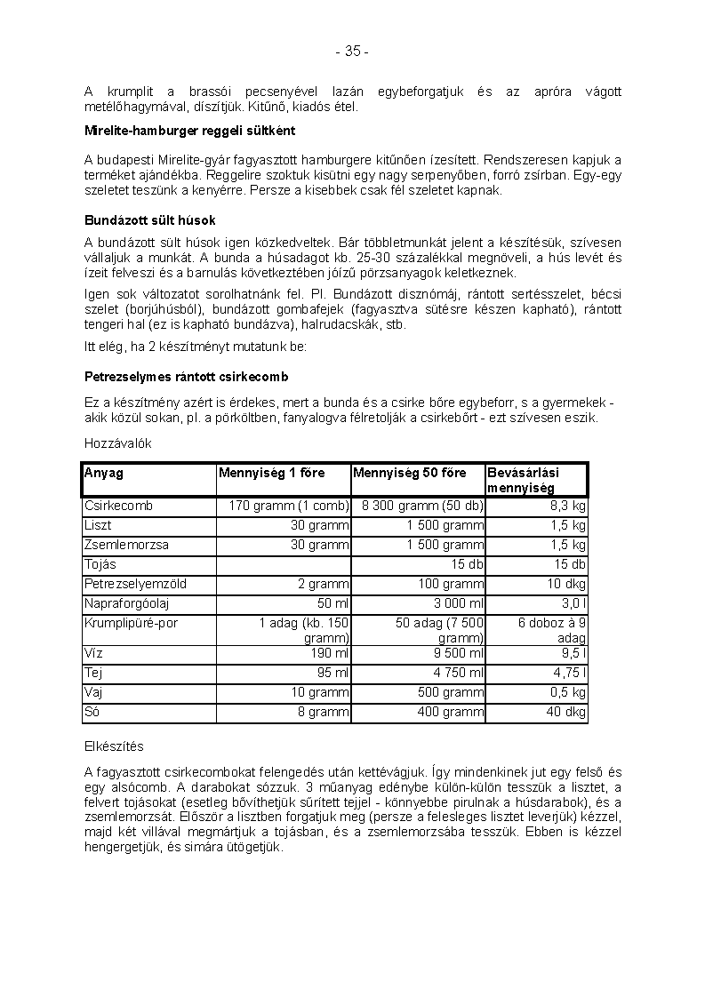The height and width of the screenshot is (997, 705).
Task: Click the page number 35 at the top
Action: (352, 52)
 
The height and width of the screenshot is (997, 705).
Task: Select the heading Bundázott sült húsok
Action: (150, 220)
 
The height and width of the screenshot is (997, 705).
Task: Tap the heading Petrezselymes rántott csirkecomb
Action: (186, 377)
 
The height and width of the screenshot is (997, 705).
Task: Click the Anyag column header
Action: (104, 474)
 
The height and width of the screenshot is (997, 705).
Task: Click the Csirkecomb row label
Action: (118, 506)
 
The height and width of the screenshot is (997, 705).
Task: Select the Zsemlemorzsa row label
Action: (126, 545)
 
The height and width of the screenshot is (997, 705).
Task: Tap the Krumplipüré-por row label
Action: (131, 623)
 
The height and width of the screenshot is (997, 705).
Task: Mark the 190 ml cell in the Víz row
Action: (331, 653)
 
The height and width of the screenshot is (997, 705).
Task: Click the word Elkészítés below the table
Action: (114, 746)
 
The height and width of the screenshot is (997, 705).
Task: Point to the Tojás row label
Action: (100, 564)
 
